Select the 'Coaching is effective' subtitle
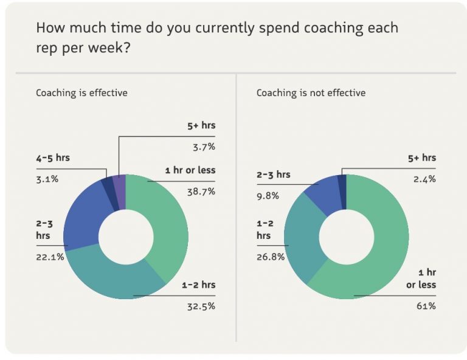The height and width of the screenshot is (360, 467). pos(81,93)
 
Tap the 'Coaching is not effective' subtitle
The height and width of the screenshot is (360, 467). pos(311,93)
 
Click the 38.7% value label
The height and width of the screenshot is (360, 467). pos(202,191)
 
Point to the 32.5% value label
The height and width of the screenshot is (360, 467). pos(201,306)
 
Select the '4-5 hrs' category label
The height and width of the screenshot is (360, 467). pos(53,157)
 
